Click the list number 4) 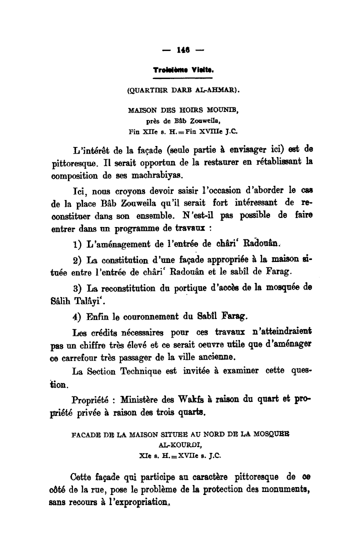pos(77,316)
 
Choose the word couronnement pos(152,316)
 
